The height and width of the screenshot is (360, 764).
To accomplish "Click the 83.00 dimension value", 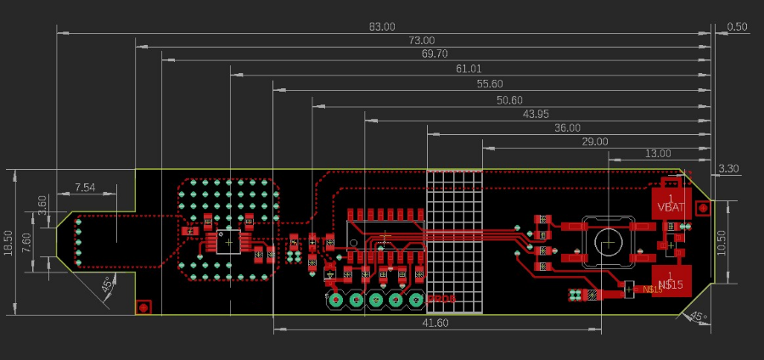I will (x=382, y=27).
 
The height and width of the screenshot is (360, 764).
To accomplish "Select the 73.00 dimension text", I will (x=422, y=41).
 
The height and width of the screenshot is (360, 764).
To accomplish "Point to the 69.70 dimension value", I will (x=434, y=53).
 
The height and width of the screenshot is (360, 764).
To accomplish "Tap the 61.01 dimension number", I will (x=469, y=69).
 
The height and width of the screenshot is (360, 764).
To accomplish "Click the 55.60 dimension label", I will (x=490, y=84).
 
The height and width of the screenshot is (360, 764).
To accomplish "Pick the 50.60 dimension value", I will (x=509, y=100).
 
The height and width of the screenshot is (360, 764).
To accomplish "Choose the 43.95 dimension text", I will (x=536, y=114).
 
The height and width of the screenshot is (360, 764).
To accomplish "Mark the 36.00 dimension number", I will (x=567, y=128).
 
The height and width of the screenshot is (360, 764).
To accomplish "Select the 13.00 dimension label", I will (x=658, y=155).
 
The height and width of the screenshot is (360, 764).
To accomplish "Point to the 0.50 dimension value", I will (x=738, y=27).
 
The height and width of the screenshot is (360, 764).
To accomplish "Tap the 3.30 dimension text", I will (x=729, y=169).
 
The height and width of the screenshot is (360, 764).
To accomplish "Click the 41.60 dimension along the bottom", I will (x=434, y=323).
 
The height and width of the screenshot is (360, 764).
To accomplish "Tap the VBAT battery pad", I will (x=670, y=203).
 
